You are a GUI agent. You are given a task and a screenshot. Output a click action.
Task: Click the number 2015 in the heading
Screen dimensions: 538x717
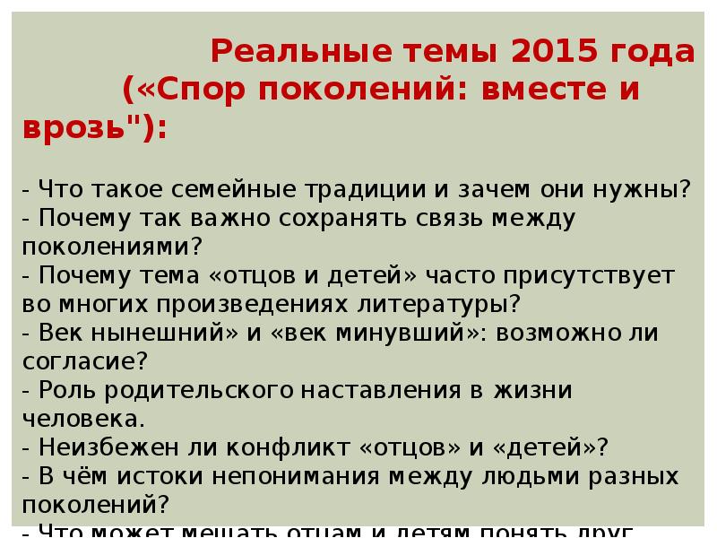[x=551, y=53]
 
